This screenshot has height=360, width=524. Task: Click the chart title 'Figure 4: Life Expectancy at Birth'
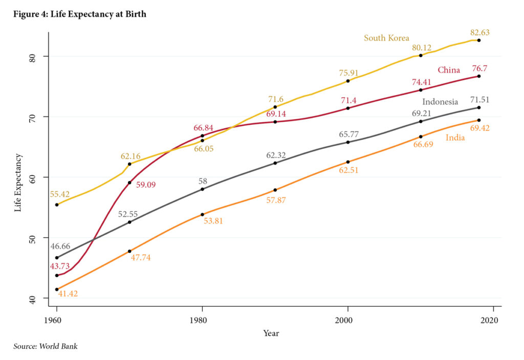pos(79,14)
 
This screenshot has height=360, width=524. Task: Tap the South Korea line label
pos(386,38)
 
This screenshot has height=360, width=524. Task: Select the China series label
pos(448,70)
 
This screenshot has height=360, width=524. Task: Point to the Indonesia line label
pos(440,102)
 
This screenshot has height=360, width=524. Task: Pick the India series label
pos(455,138)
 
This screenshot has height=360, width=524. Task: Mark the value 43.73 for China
pos(60,266)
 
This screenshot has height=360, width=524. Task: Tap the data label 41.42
pos(68,295)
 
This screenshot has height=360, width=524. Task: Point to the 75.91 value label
pos(348,73)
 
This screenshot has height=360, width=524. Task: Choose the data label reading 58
pos(203,181)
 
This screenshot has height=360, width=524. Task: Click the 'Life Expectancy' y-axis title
pos(18,183)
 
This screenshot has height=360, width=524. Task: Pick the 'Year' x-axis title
pos(271,333)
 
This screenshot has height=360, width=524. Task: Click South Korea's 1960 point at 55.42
pos(57,205)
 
